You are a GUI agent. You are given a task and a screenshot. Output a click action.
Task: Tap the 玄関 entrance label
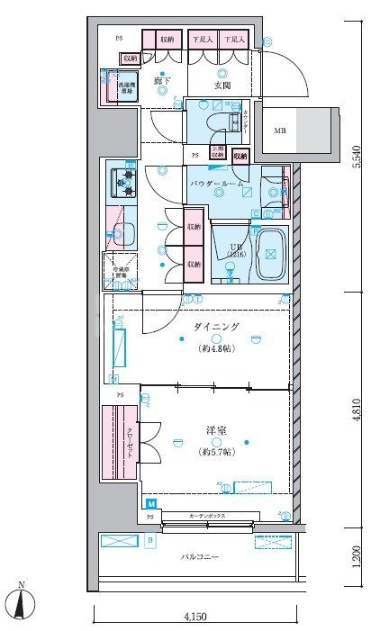tap(223, 85)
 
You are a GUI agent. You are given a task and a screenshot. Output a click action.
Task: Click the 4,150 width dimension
tap(195, 618)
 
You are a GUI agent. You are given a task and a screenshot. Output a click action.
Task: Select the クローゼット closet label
tap(129, 443)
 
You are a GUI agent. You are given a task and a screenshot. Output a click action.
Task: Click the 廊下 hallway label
tap(162, 82)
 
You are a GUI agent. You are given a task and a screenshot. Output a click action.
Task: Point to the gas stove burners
tap(121, 182)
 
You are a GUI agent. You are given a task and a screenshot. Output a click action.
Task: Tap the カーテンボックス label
tap(208, 517)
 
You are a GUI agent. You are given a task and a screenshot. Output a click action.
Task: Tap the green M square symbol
tap(150, 503)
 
